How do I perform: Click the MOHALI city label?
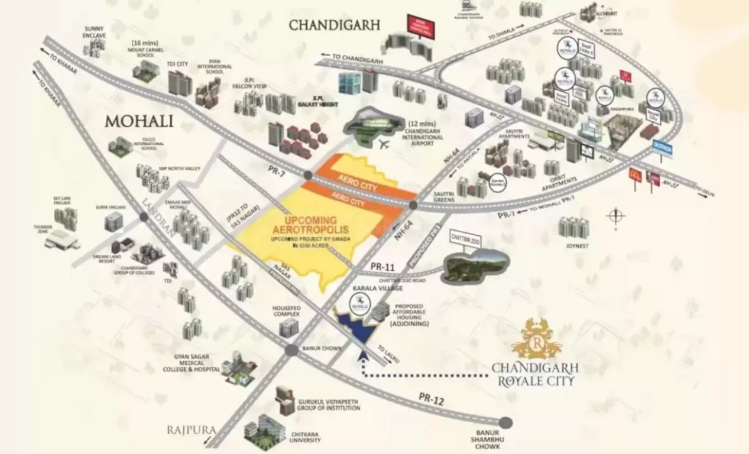(x=139, y=122)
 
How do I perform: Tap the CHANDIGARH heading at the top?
(x=334, y=25)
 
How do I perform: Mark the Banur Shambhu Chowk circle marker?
(x=505, y=422)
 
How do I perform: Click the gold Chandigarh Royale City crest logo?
(x=535, y=339)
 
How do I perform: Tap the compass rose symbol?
(x=615, y=216)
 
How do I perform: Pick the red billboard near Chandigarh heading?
(x=420, y=27)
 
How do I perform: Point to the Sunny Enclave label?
(x=95, y=31)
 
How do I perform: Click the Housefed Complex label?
(x=286, y=312)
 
